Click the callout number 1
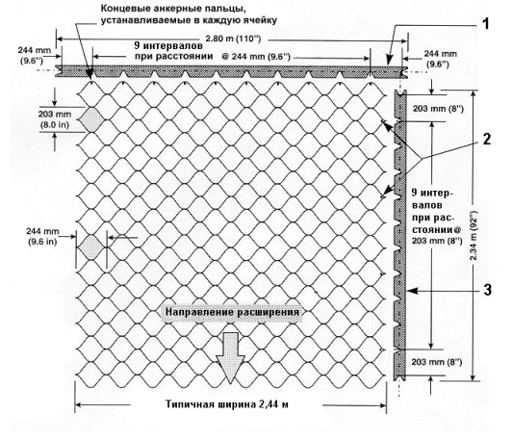coord(486,24)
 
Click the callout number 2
coord(487,139)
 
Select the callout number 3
coord(487,290)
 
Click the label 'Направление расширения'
coord(232,312)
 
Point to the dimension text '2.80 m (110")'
coord(233,39)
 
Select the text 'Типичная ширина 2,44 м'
coord(227,404)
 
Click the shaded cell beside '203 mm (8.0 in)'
coord(92,120)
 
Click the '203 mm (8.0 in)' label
coord(54,119)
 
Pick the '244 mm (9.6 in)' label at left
coord(42,236)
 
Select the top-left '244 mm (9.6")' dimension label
coord(34,56)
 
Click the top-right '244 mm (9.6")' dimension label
coord(440,59)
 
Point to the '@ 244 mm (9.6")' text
coord(256,57)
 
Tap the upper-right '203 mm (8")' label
coord(438,109)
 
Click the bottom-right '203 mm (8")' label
coord(437,362)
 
